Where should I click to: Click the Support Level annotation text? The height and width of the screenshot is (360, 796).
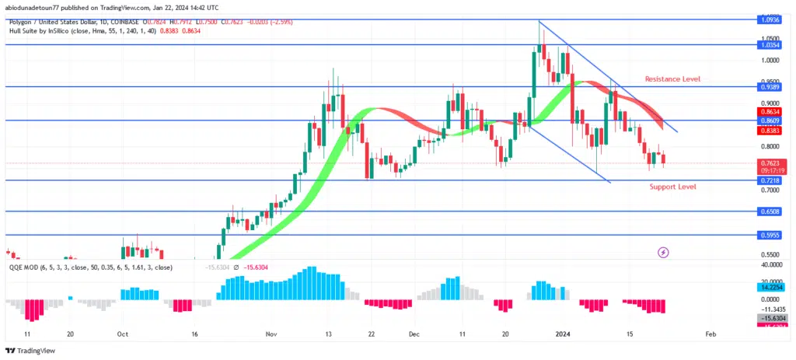672,187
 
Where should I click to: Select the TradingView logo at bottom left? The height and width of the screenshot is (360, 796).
32,351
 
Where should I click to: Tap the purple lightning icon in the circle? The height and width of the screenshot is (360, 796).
663,252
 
